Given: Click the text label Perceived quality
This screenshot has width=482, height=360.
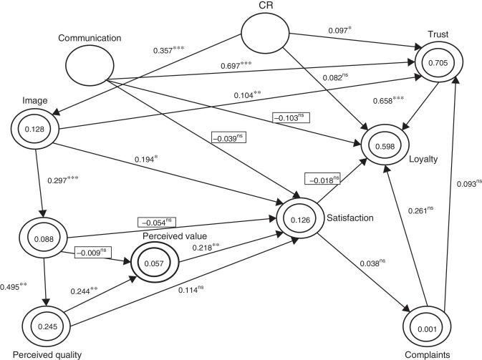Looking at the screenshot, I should [40, 354].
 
